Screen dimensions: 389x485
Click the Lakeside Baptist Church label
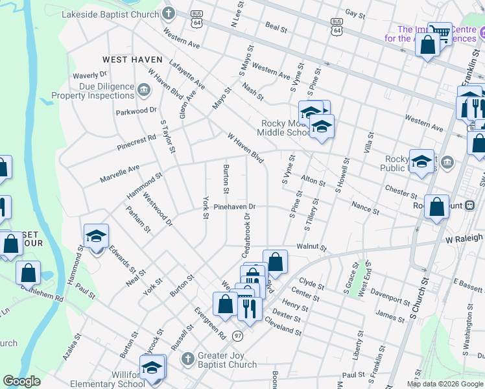(119, 14)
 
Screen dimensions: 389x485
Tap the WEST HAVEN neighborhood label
(132, 60)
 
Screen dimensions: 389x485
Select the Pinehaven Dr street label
(235, 207)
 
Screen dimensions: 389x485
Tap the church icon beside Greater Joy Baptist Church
(187, 358)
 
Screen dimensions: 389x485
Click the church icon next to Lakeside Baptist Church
(169, 14)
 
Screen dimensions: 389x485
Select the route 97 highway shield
(238, 335)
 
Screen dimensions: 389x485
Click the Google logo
(21, 382)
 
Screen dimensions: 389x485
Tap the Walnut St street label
(310, 247)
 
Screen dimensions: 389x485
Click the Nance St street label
(365, 207)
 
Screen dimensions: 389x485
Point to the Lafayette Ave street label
(187, 76)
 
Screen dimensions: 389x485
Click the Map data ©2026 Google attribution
(445, 384)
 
